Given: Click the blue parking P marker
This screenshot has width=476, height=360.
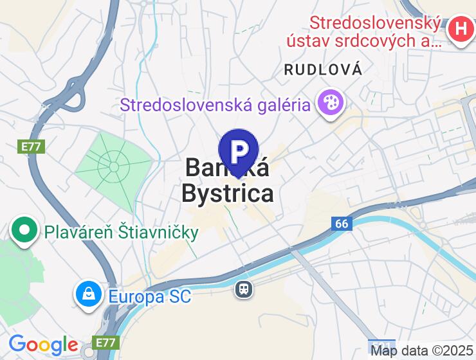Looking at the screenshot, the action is click(239, 152).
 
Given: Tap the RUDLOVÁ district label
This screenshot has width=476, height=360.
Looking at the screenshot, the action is click(323, 70).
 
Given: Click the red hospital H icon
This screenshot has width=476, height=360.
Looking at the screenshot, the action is click(461, 28).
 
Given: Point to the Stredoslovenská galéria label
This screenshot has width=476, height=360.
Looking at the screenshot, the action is click(215, 104).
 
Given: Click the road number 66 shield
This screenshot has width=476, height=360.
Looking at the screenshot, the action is click(342, 224).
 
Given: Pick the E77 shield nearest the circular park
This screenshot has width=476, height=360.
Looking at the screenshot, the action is click(30, 147).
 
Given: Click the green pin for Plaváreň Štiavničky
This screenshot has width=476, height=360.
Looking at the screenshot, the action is click(24, 229).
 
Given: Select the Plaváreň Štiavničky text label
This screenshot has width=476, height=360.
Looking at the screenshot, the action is click(121, 231).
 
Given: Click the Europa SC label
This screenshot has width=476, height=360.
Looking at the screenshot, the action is click(150, 297).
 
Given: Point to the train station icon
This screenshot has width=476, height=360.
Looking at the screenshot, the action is click(244, 289).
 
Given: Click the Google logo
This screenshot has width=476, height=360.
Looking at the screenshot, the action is click(43, 345).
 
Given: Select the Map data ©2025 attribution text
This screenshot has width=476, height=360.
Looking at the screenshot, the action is click(422, 351).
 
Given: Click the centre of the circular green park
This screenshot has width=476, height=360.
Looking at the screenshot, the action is click(114, 167).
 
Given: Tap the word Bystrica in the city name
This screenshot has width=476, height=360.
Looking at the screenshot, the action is click(227, 193).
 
